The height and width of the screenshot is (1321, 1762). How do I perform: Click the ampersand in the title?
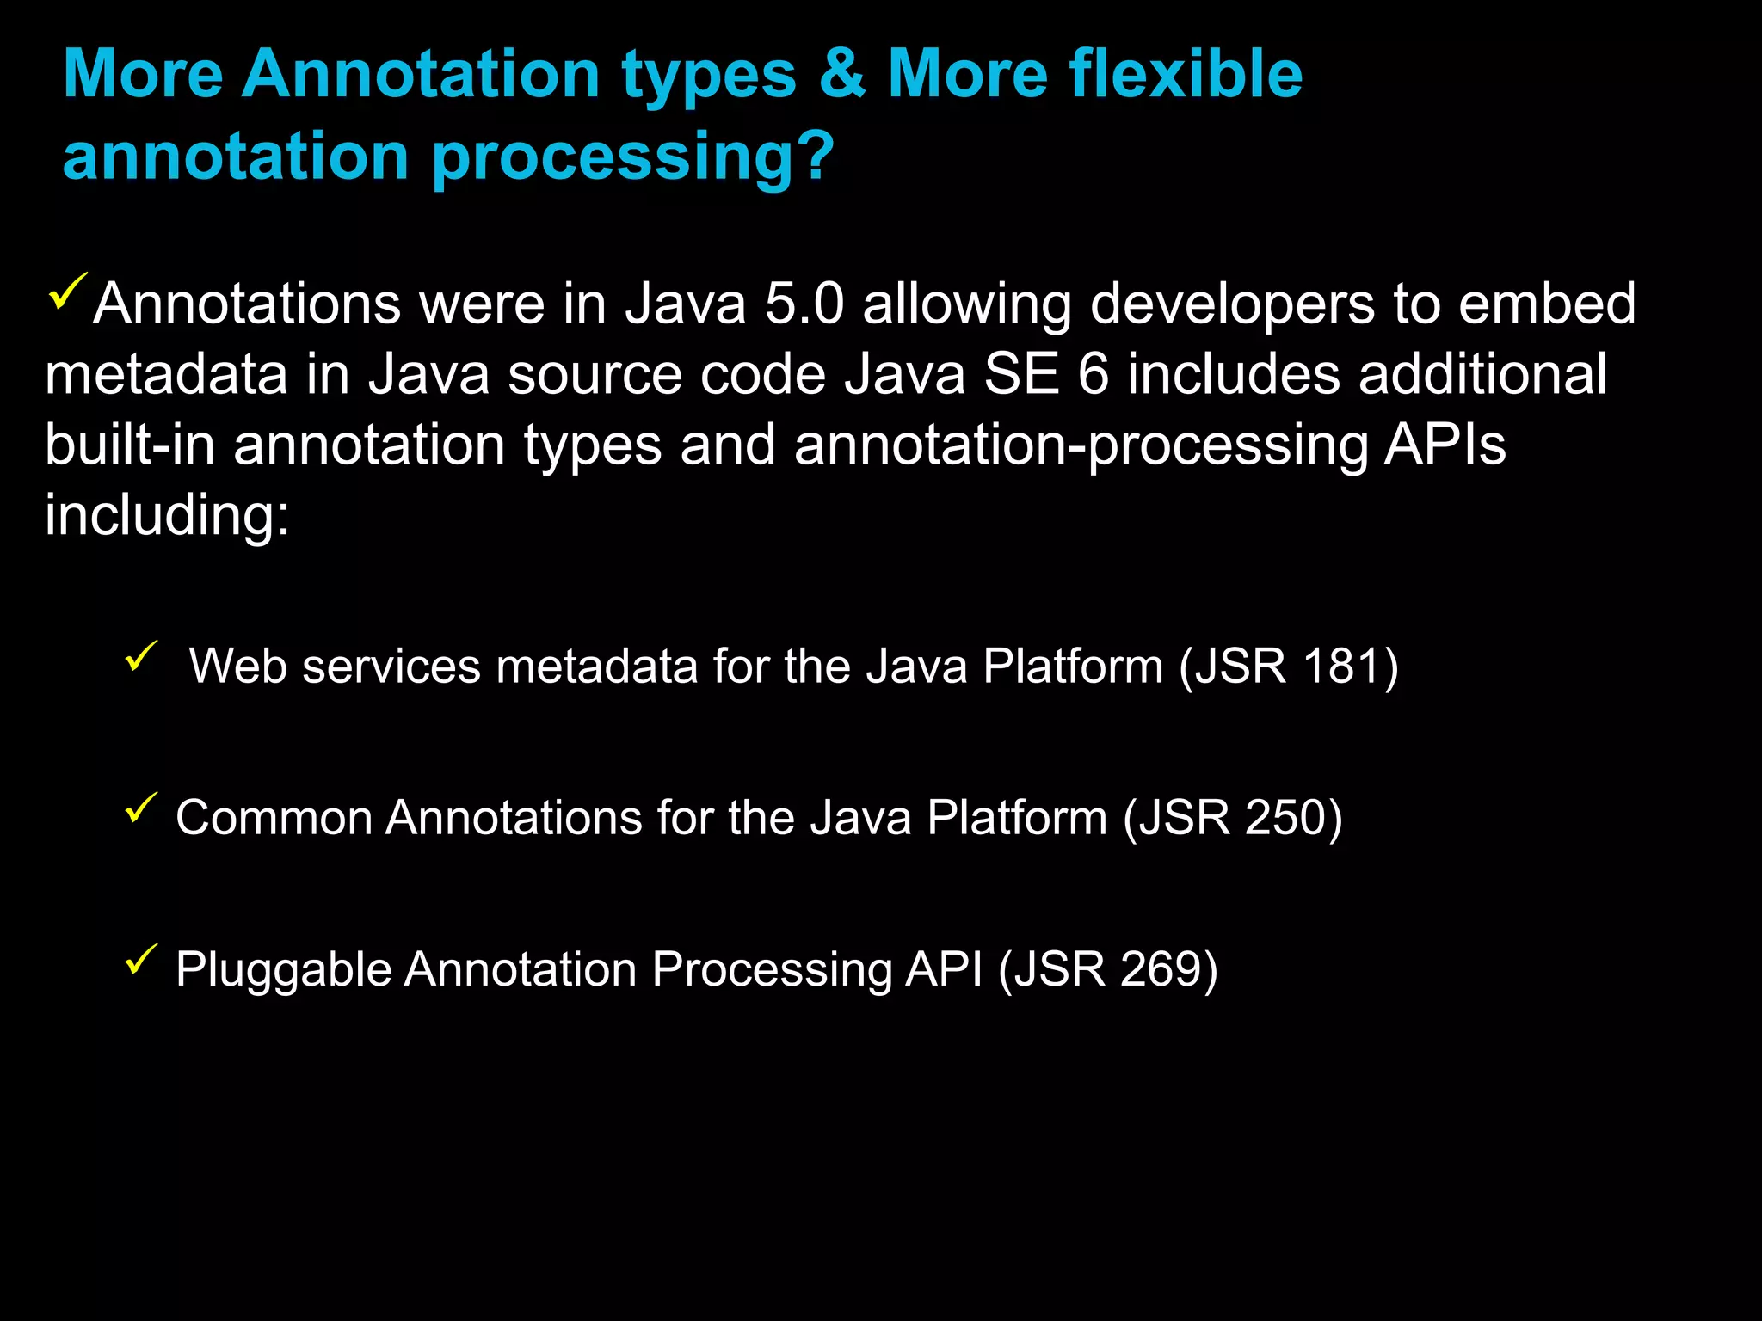(841, 74)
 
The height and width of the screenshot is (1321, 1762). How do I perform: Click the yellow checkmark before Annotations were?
(68, 291)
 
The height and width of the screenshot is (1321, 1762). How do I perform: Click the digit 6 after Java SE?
(1093, 375)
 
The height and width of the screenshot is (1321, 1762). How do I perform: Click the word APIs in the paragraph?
(1445, 445)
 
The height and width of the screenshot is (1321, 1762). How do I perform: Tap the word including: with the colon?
(168, 516)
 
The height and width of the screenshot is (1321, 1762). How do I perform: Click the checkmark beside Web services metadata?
(141, 656)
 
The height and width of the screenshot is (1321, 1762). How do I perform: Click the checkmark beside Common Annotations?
(141, 808)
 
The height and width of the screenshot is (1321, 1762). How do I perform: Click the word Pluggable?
(283, 971)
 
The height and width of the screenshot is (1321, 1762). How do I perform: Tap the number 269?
(1159, 969)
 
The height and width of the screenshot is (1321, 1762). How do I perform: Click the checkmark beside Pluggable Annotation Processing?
(141, 959)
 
